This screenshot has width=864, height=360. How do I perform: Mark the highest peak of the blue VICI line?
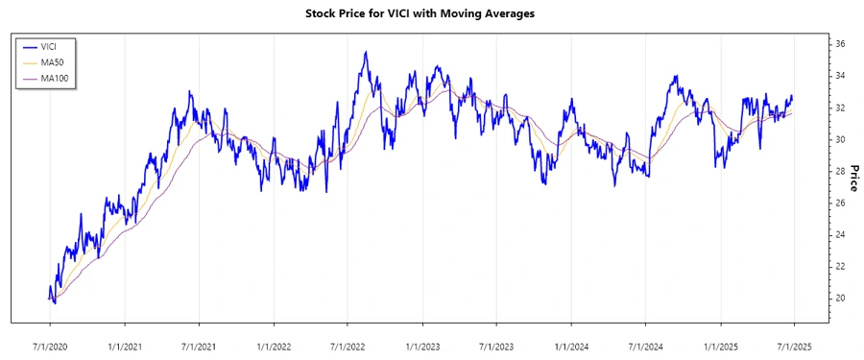coord(365,52)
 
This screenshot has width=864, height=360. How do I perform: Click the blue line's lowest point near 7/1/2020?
coord(55,303)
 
